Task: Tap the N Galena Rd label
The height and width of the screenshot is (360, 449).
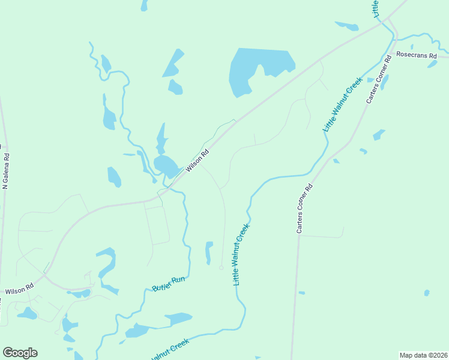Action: [x=7, y=172]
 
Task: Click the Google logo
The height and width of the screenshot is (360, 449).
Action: [x=20, y=353]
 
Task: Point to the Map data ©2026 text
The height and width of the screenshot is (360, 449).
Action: [x=423, y=355]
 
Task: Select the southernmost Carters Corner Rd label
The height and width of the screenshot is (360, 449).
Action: [x=305, y=208]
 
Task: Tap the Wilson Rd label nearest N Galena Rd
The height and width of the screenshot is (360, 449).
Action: [x=19, y=290]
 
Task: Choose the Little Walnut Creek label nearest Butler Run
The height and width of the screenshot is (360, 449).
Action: [x=240, y=254]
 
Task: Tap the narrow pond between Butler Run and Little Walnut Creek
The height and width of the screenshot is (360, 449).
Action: [x=209, y=252]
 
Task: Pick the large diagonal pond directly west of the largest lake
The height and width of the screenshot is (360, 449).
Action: [x=173, y=64]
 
